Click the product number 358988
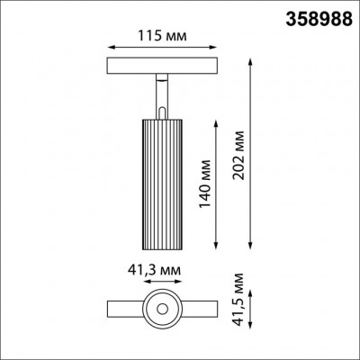319,17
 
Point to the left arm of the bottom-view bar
122,309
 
